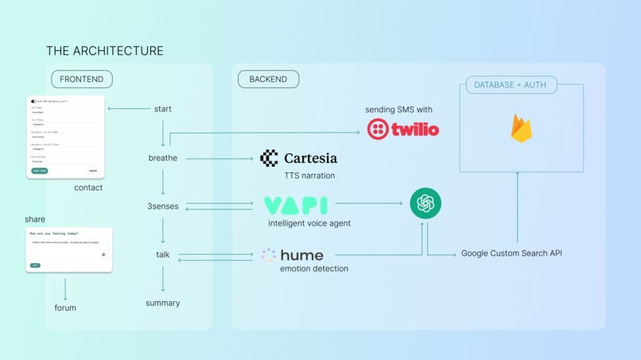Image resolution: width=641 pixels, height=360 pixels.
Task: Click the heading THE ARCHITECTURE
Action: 105,51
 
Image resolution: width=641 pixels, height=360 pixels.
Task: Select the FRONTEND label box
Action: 82,79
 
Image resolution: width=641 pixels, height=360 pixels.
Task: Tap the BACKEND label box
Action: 268,79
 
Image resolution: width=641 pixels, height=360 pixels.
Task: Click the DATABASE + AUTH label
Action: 511,85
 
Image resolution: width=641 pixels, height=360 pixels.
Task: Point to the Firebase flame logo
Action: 521,128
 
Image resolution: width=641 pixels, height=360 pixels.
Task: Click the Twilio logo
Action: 402,129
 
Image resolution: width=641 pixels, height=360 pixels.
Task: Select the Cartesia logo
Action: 298,158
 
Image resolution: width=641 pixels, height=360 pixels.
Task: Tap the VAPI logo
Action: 295,205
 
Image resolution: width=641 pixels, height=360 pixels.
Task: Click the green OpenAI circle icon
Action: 425,203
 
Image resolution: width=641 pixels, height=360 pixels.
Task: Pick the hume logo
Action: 292,255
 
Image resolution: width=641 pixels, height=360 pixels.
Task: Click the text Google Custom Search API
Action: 511,254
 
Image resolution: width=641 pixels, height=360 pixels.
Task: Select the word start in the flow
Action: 162,109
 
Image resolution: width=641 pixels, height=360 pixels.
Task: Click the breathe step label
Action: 163,158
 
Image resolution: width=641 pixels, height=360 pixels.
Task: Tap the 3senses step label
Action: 163,206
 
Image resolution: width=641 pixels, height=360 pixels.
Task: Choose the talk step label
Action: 163,254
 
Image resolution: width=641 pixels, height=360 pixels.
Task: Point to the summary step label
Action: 163,303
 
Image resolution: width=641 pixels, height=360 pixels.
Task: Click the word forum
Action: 65,308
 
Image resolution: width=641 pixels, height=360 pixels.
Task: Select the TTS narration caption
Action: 309,176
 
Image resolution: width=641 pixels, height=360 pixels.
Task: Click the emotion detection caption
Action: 314,269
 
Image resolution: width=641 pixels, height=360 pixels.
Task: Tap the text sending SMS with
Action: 398,110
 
